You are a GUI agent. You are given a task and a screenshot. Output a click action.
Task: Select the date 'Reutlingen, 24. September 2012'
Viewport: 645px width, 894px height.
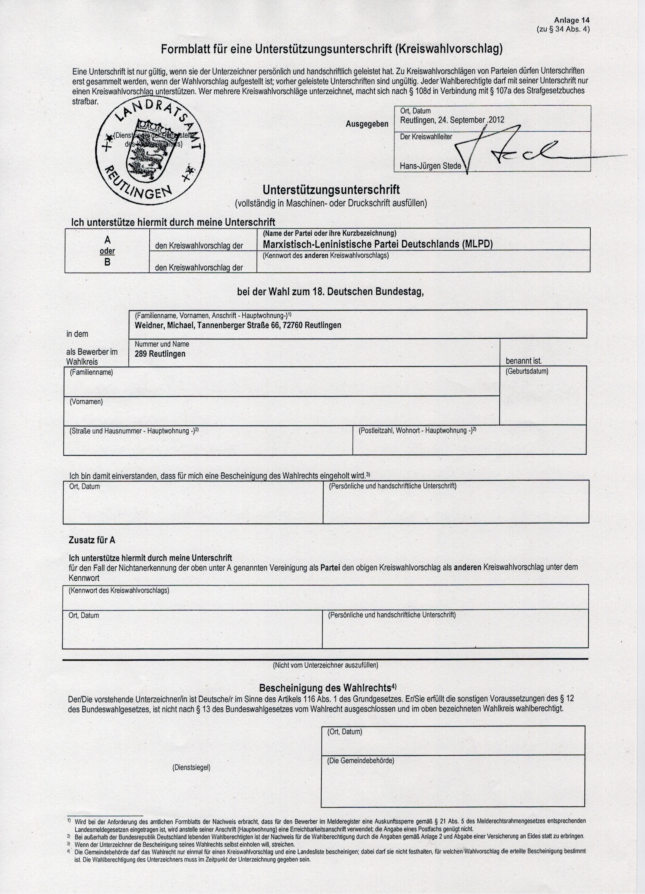pos(452,120)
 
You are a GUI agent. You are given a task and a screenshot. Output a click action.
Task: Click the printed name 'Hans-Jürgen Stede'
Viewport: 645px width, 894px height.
pos(430,166)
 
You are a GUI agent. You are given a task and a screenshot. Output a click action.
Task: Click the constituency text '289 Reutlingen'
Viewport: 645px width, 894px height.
pos(160,354)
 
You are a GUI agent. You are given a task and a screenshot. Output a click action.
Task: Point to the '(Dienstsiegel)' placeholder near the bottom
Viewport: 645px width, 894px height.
pos(191,768)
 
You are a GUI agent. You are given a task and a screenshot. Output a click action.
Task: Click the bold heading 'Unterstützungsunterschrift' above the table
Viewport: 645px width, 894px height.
pos(331,190)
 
